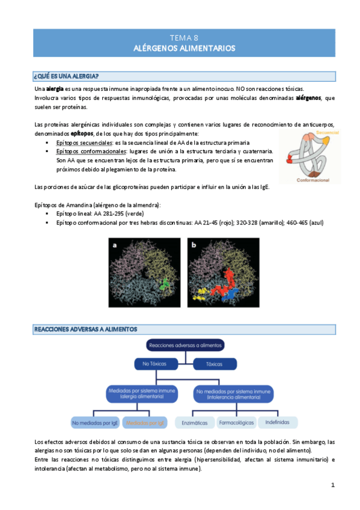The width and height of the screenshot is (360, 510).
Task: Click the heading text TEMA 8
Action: (x=183, y=37)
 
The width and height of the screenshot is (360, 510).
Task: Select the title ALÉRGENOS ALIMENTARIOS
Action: (x=183, y=48)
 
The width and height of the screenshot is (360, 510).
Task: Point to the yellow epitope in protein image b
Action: (x=200, y=295)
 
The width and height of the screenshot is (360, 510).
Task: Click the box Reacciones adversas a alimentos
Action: (x=184, y=345)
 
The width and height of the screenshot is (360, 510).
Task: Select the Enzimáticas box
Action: (x=194, y=423)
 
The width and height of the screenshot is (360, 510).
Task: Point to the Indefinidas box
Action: (x=278, y=423)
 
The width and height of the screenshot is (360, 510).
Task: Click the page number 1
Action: (x=332, y=484)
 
